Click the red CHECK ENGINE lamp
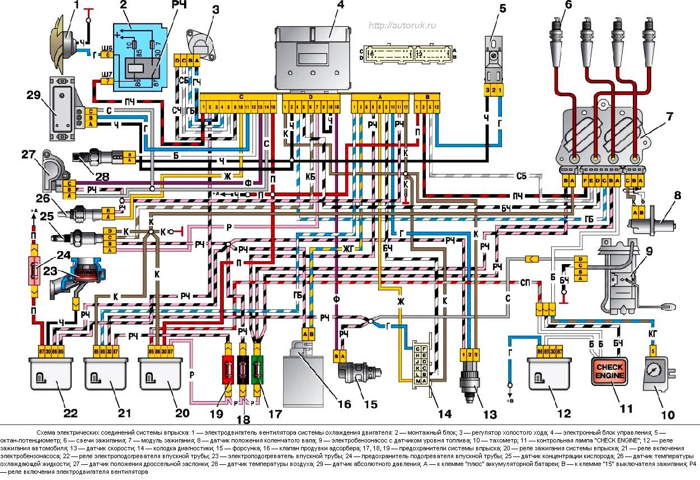[x=613, y=372]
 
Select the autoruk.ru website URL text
[x=403, y=26]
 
